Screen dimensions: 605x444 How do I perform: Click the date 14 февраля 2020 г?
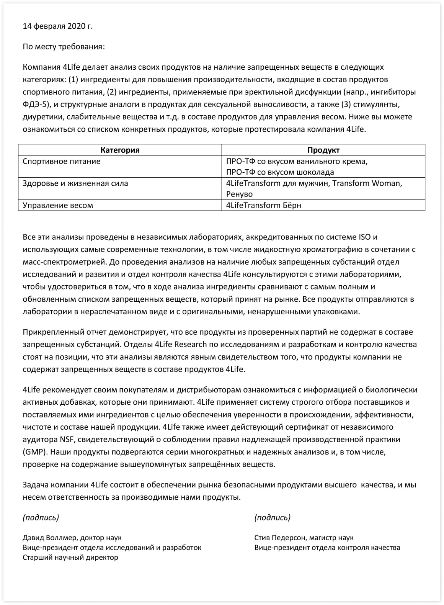point(58,26)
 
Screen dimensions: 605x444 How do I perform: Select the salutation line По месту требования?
point(64,47)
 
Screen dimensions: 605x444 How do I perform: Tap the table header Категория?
point(120,150)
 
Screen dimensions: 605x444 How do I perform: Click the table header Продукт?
point(323,150)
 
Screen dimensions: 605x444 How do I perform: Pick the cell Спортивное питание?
point(61,161)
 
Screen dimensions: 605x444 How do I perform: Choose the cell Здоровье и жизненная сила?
point(75,183)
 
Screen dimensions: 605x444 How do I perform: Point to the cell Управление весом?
point(58,205)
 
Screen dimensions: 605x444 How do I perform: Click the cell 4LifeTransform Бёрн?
point(264,205)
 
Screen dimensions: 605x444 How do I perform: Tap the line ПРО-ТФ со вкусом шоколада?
point(280,172)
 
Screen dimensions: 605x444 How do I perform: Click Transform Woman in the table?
point(367,183)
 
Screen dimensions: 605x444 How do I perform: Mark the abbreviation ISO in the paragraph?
point(364,237)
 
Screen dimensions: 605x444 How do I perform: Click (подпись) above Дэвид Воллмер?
point(41,518)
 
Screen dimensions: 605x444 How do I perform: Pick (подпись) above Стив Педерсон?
point(272,518)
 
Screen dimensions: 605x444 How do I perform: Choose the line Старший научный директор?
point(70,558)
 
